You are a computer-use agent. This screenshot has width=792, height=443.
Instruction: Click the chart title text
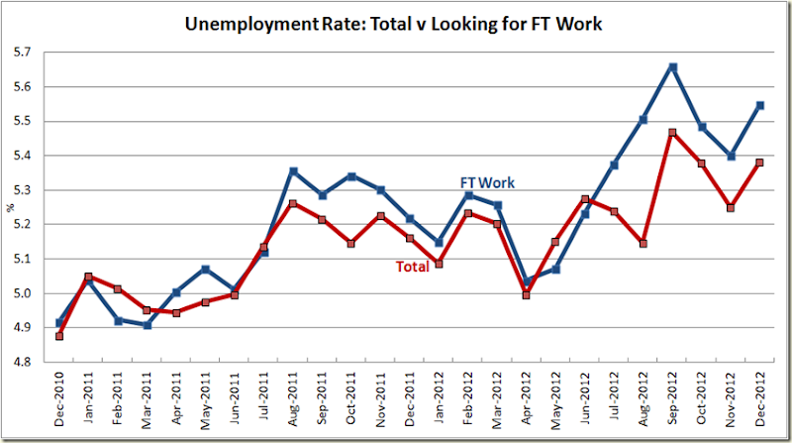397,22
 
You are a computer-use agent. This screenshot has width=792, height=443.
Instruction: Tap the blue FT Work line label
487,182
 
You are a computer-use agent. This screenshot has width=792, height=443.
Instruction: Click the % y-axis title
11,207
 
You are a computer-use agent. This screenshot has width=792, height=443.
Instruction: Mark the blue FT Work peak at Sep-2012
673,67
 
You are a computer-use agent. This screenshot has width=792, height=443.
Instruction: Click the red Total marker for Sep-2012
673,132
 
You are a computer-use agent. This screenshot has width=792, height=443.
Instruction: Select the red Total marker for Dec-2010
58,336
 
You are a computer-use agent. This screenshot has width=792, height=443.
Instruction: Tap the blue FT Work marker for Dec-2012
760,105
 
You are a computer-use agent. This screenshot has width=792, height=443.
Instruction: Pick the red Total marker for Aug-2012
643,243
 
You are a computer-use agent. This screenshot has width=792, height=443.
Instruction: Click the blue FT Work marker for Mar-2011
147,324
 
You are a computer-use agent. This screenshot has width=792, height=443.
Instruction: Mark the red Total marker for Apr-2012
527,294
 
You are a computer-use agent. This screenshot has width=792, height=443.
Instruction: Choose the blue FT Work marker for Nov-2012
732,156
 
